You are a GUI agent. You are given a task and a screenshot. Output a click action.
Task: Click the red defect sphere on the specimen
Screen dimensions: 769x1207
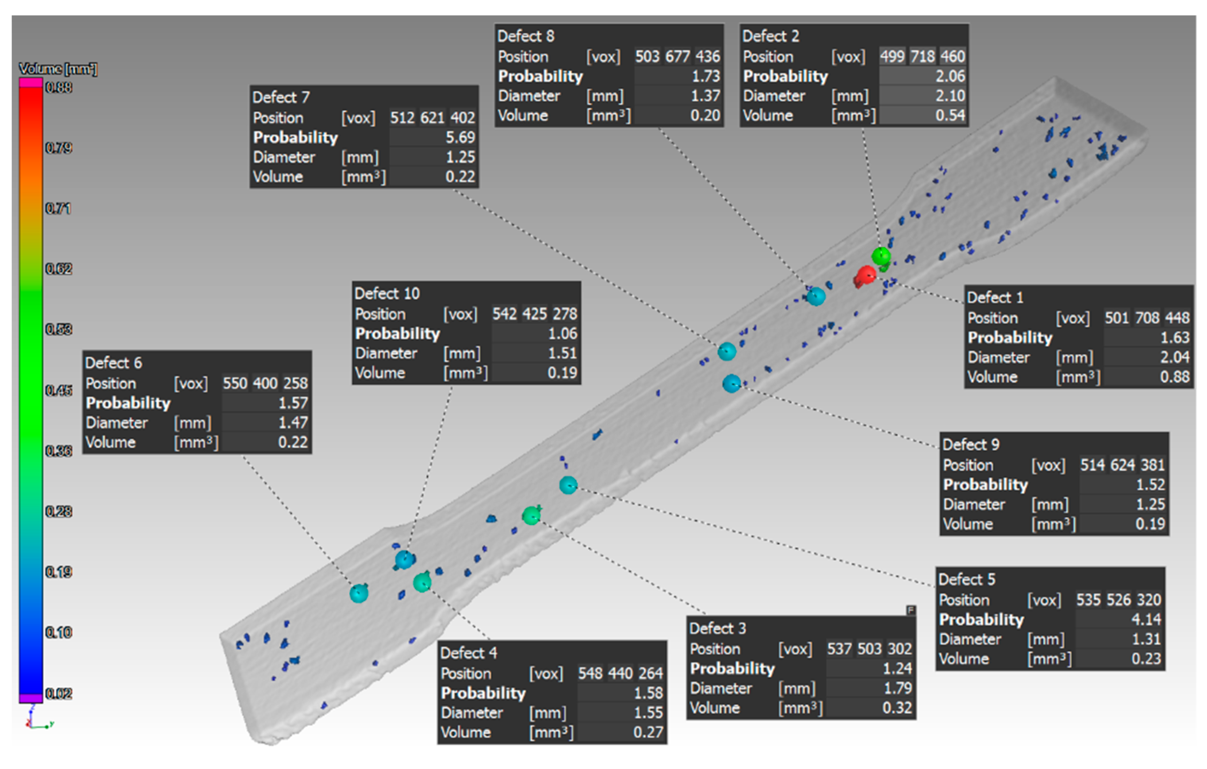[x=866, y=276]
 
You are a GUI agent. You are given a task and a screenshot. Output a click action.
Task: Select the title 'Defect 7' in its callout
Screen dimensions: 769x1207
[x=281, y=97]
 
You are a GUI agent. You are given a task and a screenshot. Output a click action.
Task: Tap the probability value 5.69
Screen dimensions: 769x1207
[x=460, y=137]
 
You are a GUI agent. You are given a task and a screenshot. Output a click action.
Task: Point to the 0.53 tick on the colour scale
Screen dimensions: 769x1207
[x=58, y=329]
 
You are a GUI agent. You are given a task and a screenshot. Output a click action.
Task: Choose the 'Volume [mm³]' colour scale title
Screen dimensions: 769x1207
[x=58, y=69]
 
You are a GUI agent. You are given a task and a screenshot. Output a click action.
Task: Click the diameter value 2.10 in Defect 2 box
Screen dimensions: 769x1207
[x=950, y=95]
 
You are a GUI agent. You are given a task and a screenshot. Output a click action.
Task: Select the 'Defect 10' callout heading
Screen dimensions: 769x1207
[x=387, y=293]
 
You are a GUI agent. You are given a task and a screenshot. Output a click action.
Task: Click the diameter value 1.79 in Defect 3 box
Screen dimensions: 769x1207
[x=897, y=688]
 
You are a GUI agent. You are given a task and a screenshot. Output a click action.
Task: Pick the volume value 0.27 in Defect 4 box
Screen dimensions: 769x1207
[x=648, y=732]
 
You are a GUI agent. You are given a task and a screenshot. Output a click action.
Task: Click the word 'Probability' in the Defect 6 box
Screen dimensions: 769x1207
[x=128, y=402]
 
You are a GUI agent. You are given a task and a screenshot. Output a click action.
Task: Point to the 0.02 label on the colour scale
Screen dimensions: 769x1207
[x=58, y=693]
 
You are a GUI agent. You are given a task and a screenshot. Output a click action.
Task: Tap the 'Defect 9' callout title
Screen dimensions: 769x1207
[x=971, y=444]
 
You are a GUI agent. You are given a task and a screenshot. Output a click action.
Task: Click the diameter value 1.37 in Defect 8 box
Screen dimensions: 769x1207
[x=705, y=95]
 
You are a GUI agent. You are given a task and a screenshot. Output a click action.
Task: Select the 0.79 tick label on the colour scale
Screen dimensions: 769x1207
[x=58, y=148]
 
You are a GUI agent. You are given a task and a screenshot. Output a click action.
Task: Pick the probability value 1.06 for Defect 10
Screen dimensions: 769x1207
[x=562, y=333]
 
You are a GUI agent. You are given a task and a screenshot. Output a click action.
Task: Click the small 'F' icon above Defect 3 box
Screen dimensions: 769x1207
[x=911, y=610]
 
